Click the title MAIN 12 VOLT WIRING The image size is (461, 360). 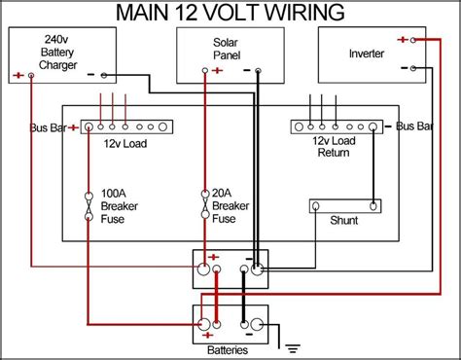[230, 13]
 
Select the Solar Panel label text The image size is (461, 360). [225, 49]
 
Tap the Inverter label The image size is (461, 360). [366, 52]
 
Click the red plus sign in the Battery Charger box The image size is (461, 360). [18, 75]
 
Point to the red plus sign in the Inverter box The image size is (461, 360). [402, 40]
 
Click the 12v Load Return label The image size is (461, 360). [333, 147]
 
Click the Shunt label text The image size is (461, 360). [343, 221]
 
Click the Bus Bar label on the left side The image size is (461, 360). [47, 127]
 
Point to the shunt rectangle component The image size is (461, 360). [343, 205]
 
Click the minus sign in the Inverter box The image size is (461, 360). [402, 68]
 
